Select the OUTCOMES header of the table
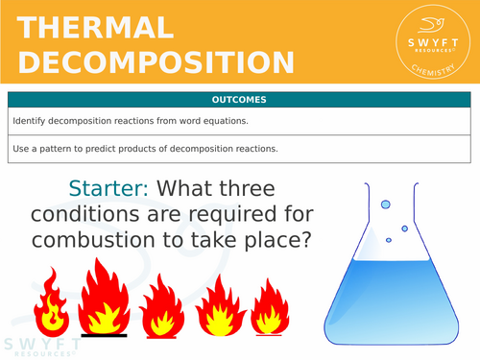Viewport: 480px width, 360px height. coord(239,100)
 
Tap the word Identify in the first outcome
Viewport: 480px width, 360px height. coord(31,122)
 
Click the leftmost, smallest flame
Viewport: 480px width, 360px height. coord(49,304)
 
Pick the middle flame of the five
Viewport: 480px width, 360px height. coord(162,304)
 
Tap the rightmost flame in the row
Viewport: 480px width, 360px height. coord(270,306)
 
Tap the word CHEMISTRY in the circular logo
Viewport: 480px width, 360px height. coord(428,67)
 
